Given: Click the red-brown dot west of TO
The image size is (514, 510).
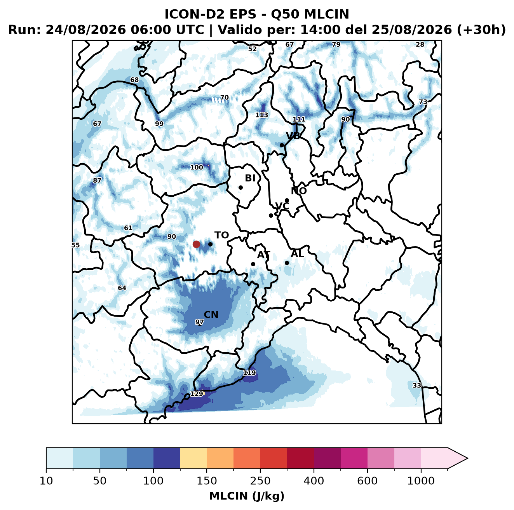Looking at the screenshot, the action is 196,244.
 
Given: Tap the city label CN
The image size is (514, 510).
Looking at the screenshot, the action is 211,315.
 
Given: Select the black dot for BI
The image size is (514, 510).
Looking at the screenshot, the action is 240,188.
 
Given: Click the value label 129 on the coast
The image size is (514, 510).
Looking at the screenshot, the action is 197,394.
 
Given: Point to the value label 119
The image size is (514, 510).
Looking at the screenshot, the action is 249,372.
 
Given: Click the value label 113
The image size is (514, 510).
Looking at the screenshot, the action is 262,115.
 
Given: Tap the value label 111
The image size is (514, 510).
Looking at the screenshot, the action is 299,119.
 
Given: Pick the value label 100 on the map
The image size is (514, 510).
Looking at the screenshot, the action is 197,167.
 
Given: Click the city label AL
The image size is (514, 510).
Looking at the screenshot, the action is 298,253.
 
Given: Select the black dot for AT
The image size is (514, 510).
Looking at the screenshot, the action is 253,264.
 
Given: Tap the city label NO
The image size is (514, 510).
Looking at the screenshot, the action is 299,191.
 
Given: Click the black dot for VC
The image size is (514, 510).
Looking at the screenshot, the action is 271,215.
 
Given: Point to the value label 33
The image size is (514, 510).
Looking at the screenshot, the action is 416,385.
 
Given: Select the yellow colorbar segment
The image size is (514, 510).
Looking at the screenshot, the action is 193,458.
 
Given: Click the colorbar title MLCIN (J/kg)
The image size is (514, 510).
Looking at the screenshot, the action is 247,496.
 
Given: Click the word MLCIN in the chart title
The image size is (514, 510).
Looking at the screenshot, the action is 326,14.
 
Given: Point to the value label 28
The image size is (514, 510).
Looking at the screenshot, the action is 420,45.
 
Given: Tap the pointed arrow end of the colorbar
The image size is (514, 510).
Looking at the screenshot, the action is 467,458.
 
